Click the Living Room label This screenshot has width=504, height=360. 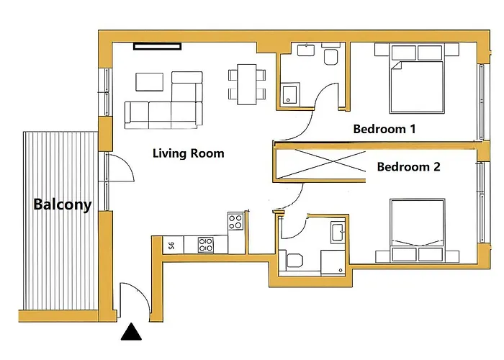pos(189,153)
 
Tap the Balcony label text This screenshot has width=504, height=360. pos(63,204)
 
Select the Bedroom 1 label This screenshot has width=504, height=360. pos(384,129)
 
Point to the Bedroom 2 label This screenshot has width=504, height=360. pos(408,167)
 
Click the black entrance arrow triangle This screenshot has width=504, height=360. pos(131,332)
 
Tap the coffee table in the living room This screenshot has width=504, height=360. pos(150,82)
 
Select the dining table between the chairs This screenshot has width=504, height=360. pos(247,84)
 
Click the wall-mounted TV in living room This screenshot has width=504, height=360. pos(157,47)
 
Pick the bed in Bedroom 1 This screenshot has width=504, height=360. pos(417,78)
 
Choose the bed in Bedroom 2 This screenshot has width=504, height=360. pos(417,230)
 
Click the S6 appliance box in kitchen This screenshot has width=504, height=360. pos(173,246)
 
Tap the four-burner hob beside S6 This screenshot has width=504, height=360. pos(206,245)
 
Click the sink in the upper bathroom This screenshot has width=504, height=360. pos(306,50)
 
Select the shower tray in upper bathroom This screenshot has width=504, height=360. pos(291,94)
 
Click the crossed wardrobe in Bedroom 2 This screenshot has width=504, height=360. pos(320,165)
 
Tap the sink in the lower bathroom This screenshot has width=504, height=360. pos(338,232)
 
